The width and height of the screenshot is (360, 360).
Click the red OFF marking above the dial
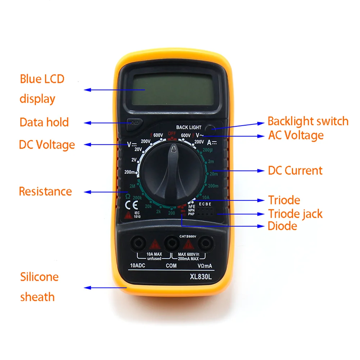point(171,134)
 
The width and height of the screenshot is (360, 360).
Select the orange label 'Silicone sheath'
point(39,287)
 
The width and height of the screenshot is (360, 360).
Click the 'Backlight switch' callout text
point(308,121)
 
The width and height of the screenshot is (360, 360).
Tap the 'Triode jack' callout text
point(295,214)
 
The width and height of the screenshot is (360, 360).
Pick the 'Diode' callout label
point(283,226)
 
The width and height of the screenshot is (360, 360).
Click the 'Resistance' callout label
point(45,191)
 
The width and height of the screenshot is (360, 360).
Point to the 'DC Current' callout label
point(295,170)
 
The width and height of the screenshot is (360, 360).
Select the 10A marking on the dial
point(206,197)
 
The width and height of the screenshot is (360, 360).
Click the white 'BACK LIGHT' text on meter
point(189,127)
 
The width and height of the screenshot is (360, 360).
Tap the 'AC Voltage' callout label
point(296,135)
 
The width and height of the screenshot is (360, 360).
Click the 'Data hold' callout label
point(44,122)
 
